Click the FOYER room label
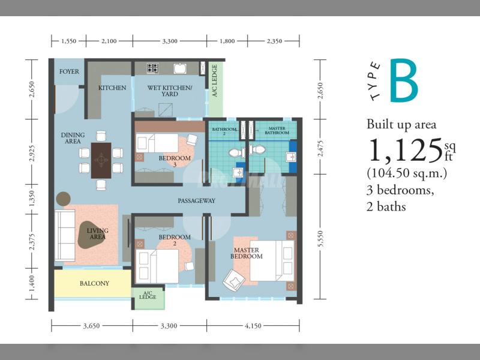[69, 71]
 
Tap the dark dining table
[101, 160]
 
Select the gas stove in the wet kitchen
[153, 68]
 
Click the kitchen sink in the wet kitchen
[181, 68]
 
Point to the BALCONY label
[94, 283]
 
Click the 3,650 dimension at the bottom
[92, 326]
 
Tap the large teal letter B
[404, 80]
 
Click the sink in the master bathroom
[290, 157]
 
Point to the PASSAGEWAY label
[197, 201]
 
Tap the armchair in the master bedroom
[233, 280]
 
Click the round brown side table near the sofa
[64, 199]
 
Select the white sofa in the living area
[65, 235]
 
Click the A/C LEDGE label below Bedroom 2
[148, 295]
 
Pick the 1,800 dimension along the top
[227, 41]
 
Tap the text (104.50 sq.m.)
[407, 173]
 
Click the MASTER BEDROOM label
[247, 253]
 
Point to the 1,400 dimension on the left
[32, 283]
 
